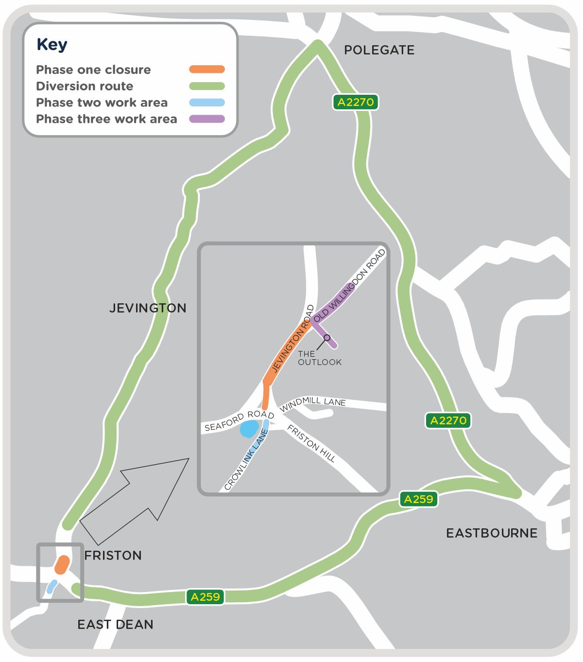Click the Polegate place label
[x=379, y=50]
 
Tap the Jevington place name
[x=148, y=308]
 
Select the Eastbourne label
[x=492, y=533]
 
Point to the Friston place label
[x=113, y=556]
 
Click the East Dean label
[x=115, y=625]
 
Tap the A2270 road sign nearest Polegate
[x=356, y=102]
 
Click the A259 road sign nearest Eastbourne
[x=418, y=499]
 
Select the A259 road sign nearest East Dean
[x=205, y=597]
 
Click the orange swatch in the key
[x=207, y=70]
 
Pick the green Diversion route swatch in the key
[x=207, y=86]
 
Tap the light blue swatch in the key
[x=207, y=103]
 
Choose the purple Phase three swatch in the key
[x=207, y=119]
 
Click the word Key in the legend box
[x=52, y=45]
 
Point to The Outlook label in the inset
[x=319, y=358]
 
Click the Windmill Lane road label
[x=313, y=402]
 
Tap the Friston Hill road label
[x=311, y=443]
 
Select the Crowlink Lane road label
[x=246, y=460]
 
